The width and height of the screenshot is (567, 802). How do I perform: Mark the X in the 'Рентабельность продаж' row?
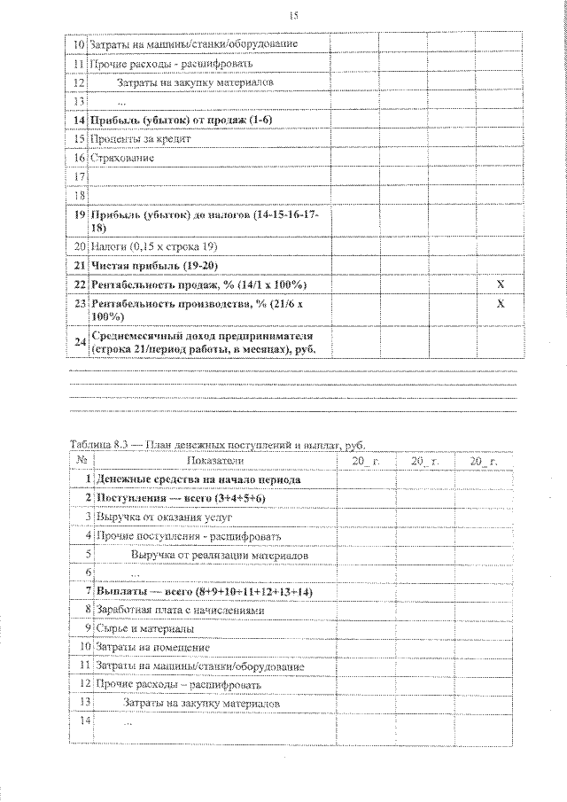tap(501, 284)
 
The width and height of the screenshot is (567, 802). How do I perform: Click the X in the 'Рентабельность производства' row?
tap(501, 304)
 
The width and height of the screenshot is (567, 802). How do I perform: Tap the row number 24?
tap(78, 342)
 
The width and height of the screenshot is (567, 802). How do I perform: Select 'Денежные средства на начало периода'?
tap(198, 479)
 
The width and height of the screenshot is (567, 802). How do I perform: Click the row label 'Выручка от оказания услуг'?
tap(151, 517)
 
